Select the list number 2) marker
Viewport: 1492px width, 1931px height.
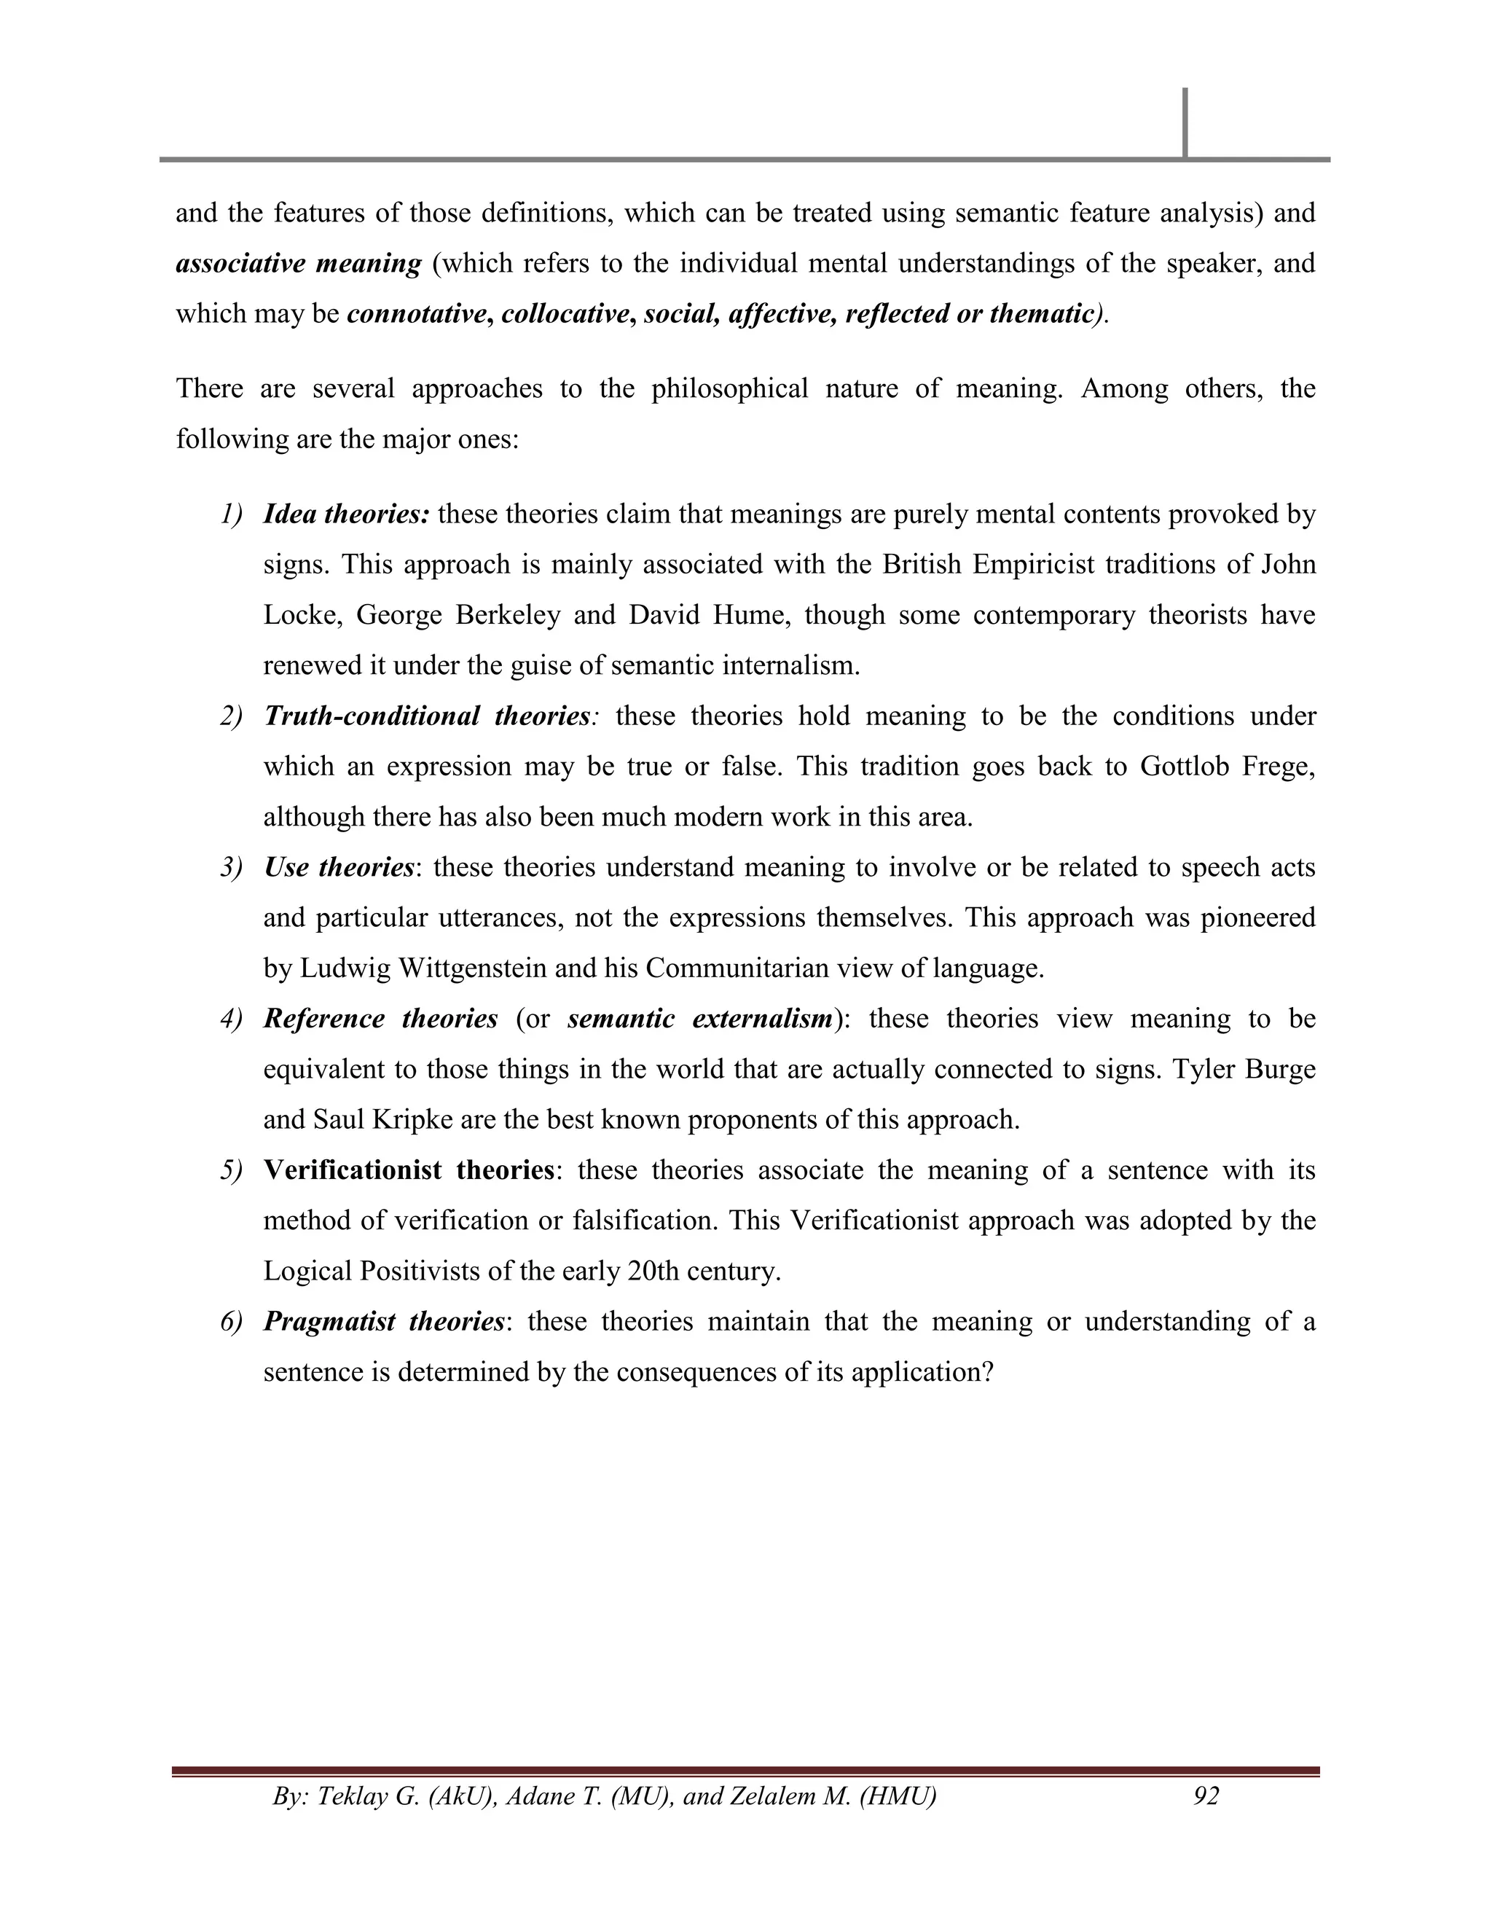coord(231,716)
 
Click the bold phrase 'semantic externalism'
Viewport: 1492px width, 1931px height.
coord(700,1019)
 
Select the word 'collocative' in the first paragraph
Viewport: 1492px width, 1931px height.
coord(564,314)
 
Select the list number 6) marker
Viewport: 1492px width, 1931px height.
coord(231,1322)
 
